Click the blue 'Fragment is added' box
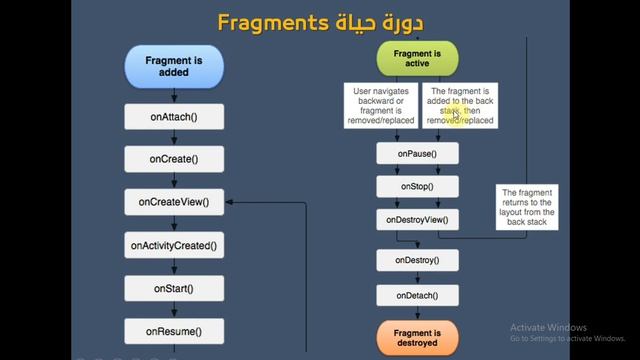(x=174, y=66)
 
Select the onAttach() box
(x=174, y=117)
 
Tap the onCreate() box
(x=174, y=159)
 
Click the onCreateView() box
(x=174, y=202)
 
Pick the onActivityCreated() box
(x=174, y=245)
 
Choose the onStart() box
(x=174, y=288)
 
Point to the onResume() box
(x=174, y=331)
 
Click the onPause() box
(x=417, y=154)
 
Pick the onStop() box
(x=417, y=186)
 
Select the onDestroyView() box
(x=417, y=219)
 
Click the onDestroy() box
(x=417, y=261)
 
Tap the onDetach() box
(x=417, y=295)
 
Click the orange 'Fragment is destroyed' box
(x=417, y=337)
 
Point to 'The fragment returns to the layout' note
(x=527, y=207)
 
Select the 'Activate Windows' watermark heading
(x=548, y=328)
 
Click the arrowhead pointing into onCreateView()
(x=229, y=202)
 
